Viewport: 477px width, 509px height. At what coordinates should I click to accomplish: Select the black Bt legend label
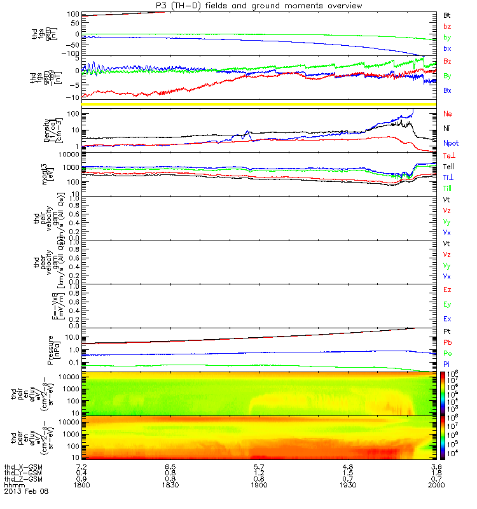tap(447, 15)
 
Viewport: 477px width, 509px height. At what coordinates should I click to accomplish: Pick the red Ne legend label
tap(447, 113)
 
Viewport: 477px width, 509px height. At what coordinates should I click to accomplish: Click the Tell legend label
tap(448, 166)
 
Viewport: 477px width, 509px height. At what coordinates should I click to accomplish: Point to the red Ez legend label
tap(447, 289)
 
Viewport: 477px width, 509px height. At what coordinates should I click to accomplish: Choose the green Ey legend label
tap(447, 304)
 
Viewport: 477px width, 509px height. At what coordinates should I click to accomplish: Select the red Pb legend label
tap(447, 342)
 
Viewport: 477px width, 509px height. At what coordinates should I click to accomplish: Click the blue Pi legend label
tap(447, 363)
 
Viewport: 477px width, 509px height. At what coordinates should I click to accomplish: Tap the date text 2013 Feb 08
tap(26, 492)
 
